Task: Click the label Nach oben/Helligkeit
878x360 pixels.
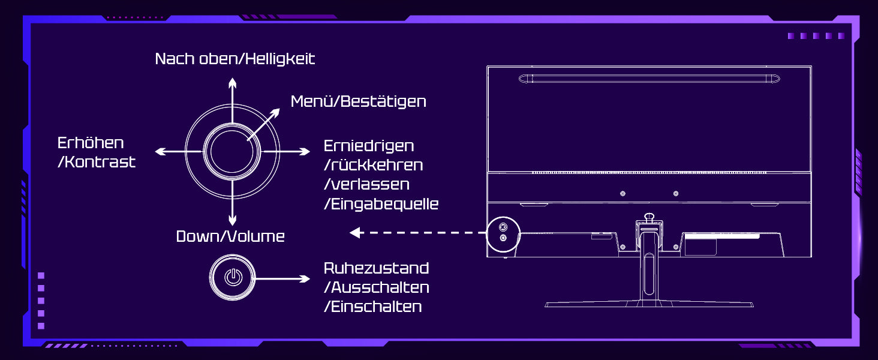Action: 234,59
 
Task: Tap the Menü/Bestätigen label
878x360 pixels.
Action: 358,101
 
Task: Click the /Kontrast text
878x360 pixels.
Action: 96,162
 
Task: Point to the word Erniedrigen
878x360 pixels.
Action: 369,146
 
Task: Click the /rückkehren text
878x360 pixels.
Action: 373,165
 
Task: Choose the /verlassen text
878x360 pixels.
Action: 366,184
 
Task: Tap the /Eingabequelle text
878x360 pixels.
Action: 381,204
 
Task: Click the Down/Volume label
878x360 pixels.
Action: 230,236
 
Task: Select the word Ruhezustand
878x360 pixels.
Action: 376,268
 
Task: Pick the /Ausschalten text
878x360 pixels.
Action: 376,287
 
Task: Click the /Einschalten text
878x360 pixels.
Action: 372,307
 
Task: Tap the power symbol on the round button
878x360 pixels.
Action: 233,278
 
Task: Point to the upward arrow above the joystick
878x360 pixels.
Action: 232,84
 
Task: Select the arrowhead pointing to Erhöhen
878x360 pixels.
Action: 160,151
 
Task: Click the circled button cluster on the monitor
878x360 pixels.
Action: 503,233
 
